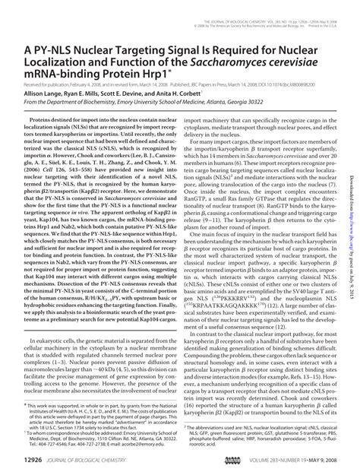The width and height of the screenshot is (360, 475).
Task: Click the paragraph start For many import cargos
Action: [220, 140]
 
